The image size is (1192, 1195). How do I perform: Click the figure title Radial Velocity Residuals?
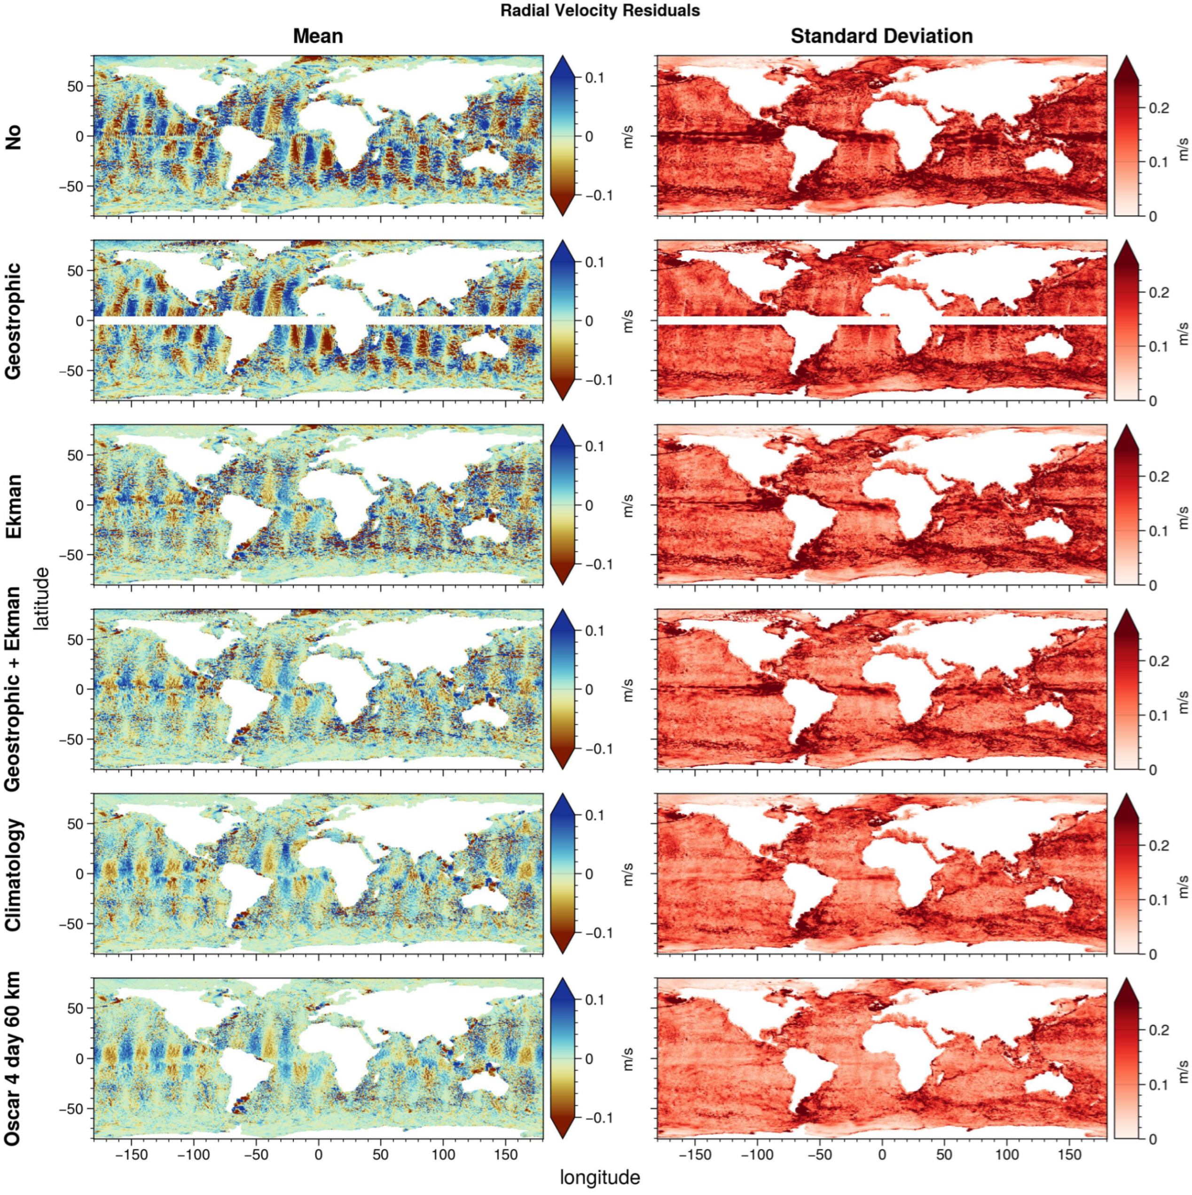click(x=600, y=10)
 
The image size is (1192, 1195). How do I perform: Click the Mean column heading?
click(x=317, y=36)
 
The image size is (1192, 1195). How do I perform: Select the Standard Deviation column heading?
click(x=881, y=36)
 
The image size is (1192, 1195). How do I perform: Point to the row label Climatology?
click(x=14, y=874)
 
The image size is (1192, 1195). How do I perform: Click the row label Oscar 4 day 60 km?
click(x=14, y=1058)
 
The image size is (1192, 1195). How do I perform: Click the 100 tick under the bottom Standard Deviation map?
click(x=1007, y=1154)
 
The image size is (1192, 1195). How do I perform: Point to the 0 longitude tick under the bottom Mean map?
click(x=318, y=1154)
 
